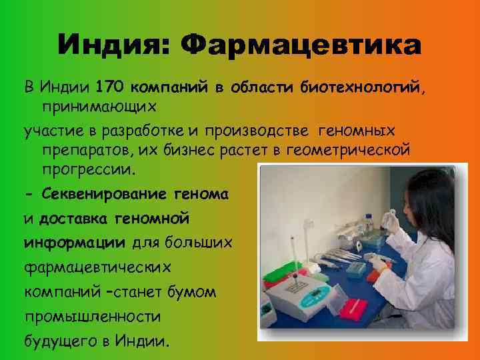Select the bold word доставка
click(x=75, y=217)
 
